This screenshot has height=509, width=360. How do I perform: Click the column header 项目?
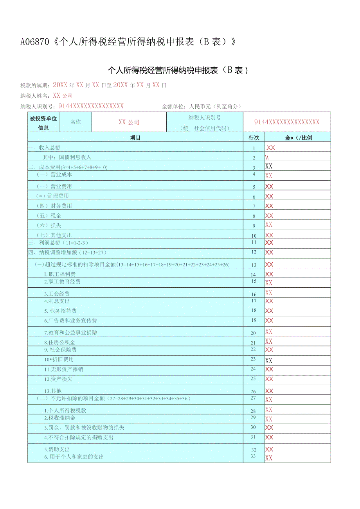tap(135, 138)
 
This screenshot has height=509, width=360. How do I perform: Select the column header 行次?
tap(254, 138)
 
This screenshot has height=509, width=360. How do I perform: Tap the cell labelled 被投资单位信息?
tap(43, 122)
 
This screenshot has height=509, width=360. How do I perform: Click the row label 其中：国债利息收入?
tap(67, 157)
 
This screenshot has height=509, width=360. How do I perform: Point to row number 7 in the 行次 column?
tap(254, 206)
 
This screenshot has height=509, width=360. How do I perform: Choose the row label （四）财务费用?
tap(54, 206)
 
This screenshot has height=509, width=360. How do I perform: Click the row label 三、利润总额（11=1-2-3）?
tap(58, 243)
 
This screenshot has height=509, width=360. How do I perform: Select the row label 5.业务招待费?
tap(60, 311)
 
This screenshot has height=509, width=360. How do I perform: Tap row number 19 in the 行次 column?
tap(254, 320)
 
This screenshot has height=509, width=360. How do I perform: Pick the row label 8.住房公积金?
tap(59, 342)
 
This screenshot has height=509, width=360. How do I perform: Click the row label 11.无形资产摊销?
tap(63, 369)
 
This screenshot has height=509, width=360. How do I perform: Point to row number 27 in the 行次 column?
tap(253, 398)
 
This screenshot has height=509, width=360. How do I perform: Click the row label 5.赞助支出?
tap(57, 450)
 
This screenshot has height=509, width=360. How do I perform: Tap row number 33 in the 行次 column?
tap(253, 456)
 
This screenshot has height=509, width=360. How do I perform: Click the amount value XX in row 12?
tap(269, 253)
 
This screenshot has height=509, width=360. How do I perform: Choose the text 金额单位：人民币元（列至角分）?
tap(202, 106)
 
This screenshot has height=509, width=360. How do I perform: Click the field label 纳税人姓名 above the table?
tap(35, 96)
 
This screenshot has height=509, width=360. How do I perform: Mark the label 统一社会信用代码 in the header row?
tap(205, 128)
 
